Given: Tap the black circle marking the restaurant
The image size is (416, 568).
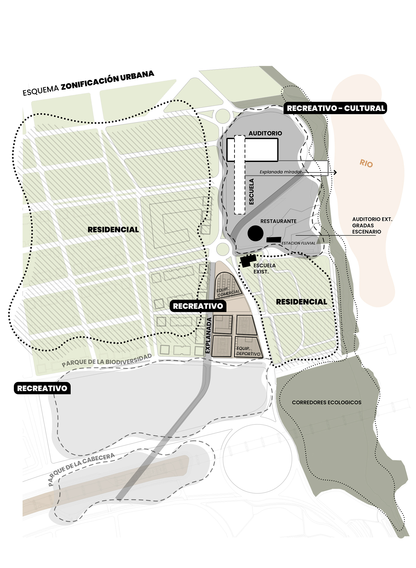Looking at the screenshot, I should pyautogui.click(x=255, y=233).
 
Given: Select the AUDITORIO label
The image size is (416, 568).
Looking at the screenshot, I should pyautogui.click(x=265, y=133).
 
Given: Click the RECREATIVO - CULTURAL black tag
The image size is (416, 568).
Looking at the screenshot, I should pyautogui.click(x=336, y=108).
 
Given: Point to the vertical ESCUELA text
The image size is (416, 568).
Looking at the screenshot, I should pyautogui.click(x=251, y=191).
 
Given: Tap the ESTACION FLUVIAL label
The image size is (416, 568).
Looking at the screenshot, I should pyautogui.click(x=298, y=243).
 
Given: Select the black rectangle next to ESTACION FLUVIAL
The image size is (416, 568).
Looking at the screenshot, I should pyautogui.click(x=274, y=240).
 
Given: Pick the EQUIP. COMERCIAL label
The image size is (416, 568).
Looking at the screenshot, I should pyautogui.click(x=228, y=292).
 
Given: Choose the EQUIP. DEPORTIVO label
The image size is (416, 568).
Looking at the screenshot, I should pyautogui.click(x=248, y=351).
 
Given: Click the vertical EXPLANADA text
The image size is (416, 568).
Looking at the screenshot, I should pyautogui.click(x=208, y=335).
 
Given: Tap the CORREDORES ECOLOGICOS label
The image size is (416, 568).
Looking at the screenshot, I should pyautogui.click(x=326, y=403).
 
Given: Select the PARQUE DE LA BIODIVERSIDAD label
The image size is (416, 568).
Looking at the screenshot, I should pyautogui.click(x=107, y=361).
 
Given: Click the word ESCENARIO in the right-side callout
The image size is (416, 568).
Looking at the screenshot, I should pyautogui.click(x=366, y=232).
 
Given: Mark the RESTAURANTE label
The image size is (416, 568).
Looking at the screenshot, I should pyautogui.click(x=278, y=221).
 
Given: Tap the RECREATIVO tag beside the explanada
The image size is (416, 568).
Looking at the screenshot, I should pyautogui.click(x=198, y=306).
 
